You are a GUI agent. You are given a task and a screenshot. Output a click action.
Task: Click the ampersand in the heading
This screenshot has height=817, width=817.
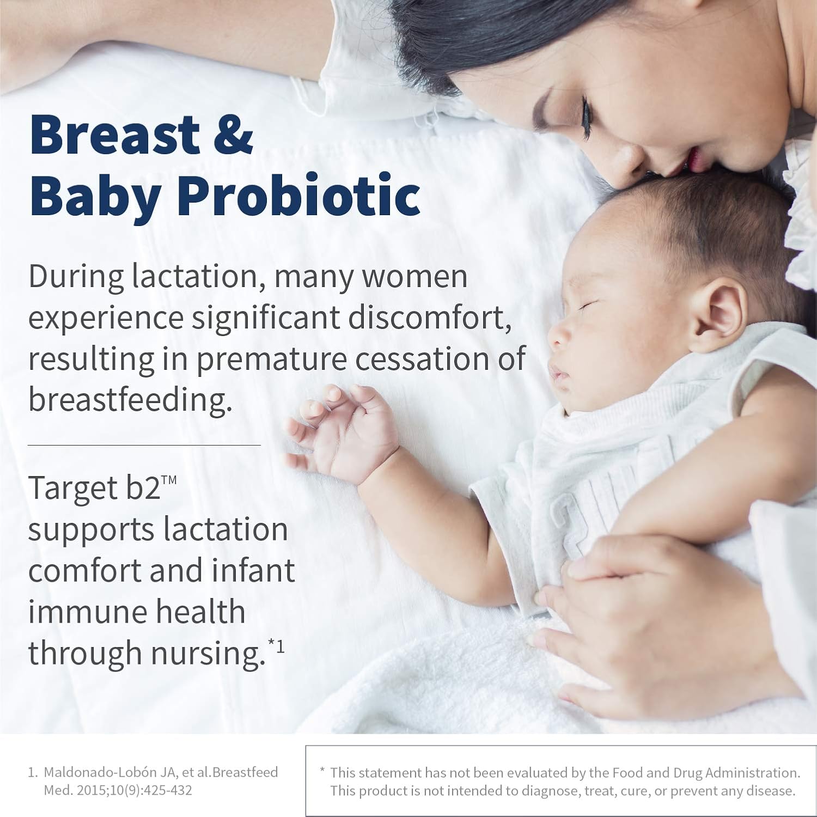click(233, 134)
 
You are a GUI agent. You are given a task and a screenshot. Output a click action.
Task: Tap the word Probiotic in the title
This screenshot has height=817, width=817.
click(298, 196)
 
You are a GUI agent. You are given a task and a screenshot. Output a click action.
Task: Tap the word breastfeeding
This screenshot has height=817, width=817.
click(130, 400)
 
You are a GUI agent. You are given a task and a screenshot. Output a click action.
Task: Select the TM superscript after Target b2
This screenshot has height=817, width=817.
click(169, 480)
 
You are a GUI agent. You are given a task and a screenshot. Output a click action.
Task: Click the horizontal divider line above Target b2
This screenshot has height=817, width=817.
click(144, 445)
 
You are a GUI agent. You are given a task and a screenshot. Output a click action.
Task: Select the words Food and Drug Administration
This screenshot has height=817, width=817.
click(706, 772)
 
